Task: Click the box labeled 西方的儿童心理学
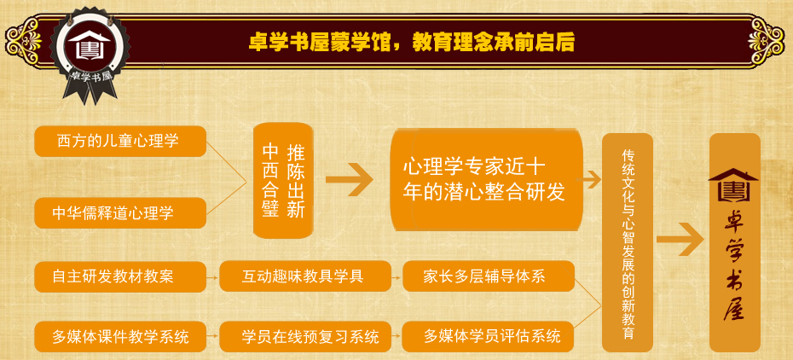pos(120,141)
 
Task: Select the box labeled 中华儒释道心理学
pos(120,213)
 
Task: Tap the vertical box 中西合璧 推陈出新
pos(283,181)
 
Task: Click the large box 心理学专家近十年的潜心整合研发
pos(486,180)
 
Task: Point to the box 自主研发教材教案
pos(120,276)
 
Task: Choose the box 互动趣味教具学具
pos(305,276)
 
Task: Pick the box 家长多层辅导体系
pos(489,276)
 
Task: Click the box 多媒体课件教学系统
pos(120,336)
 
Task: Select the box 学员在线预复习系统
pos(305,336)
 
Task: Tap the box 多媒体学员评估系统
pos(489,336)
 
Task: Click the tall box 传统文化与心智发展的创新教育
pos(627,242)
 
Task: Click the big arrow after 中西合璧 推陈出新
pos(349,181)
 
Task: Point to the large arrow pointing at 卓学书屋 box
pos(680,239)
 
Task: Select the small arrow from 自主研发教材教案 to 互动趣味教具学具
pos(213,277)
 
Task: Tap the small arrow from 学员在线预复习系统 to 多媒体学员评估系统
pos(396,337)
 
